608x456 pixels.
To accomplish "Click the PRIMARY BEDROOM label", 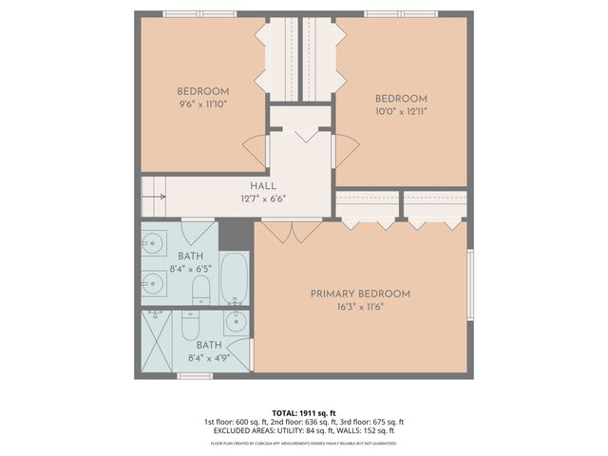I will pos(360,294).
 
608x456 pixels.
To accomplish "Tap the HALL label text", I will pos(263,186).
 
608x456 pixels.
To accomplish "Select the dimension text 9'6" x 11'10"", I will pos(203,104).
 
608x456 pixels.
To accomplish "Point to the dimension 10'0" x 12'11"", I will pos(401,111).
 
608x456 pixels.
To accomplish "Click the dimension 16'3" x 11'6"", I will pos(360,307).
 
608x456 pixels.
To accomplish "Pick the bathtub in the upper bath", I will pos(234,277).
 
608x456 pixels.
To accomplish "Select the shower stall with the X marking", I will pos(159,341).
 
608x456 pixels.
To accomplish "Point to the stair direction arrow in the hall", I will pos(157,197).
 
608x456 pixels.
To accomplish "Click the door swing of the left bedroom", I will pos(255,150).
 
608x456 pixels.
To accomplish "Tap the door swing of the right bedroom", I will pos(346,150).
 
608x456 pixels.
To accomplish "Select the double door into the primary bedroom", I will pos(292,230).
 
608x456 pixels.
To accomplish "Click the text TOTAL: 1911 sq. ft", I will pos(303,411).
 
